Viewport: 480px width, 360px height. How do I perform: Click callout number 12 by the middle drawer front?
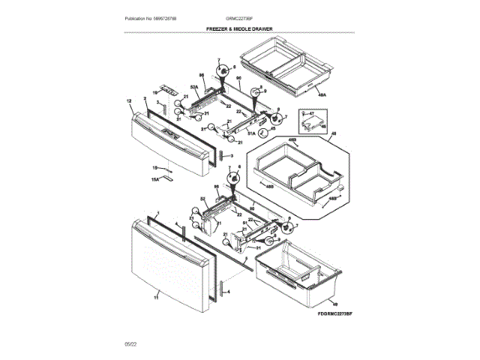pos(128,100)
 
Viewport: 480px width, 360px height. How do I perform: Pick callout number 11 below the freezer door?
pos(156,298)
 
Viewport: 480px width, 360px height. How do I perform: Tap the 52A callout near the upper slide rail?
pos(193,88)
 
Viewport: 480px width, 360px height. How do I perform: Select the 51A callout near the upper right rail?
pos(252,132)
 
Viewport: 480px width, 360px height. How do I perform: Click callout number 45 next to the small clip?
pos(273,129)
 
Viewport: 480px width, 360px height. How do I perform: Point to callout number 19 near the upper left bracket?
pos(156,94)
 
